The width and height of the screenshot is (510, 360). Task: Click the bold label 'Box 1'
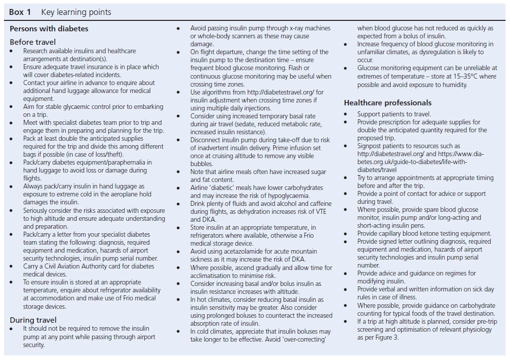(x=20, y=12)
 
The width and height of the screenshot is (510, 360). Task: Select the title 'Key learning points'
(x=76, y=12)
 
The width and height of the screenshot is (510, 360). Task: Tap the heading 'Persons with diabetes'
(x=49, y=29)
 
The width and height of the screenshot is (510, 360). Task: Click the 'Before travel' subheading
(x=33, y=42)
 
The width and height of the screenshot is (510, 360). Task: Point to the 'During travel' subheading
(x=33, y=320)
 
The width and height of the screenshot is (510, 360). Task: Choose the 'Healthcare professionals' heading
(x=388, y=103)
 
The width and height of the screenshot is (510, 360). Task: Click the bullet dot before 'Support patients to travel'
(x=346, y=114)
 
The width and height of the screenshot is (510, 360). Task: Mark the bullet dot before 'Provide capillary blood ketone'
(x=346, y=234)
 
